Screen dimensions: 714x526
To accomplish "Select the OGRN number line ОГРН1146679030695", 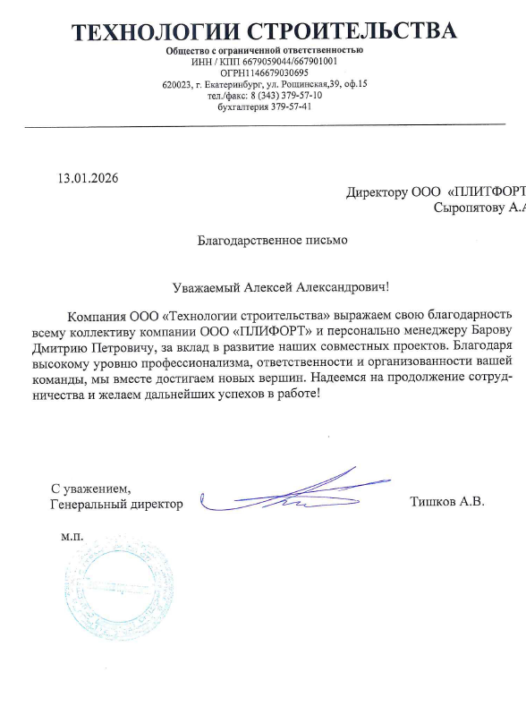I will coord(264,72).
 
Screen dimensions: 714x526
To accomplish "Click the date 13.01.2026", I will coord(88,177).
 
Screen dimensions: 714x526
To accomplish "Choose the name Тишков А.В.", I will coord(446,502).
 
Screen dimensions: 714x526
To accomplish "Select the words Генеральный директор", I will coord(117,505).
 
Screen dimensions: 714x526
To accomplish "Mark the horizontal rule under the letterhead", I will coord(264,123).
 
